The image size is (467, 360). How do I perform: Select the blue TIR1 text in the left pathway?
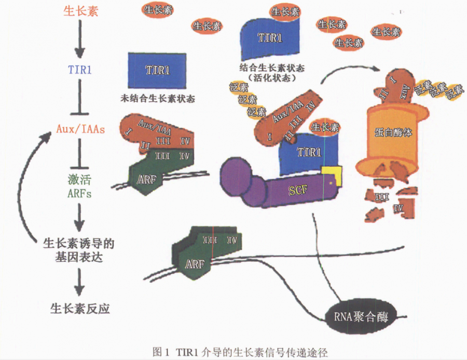pos(79,70)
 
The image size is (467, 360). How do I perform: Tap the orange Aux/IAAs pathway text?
pos(79,128)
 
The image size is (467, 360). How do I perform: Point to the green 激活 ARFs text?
pos(79,186)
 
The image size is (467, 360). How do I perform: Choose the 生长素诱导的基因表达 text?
pos(78,250)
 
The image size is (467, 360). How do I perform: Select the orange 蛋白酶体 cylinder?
pos(393,133)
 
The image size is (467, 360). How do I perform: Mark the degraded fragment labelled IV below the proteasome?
pos(399,208)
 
